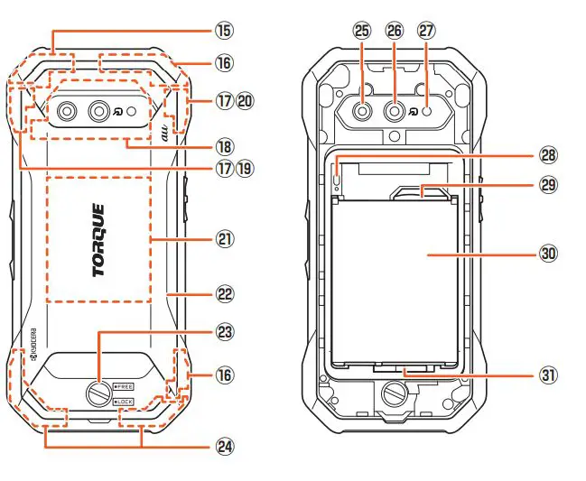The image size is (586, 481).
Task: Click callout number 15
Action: pyautogui.click(x=224, y=30)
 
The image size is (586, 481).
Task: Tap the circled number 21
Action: pyautogui.click(x=224, y=239)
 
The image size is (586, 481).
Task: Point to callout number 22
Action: pyautogui.click(x=224, y=294)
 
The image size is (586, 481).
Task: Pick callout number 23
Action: pyautogui.click(x=224, y=332)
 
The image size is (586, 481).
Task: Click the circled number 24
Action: pyautogui.click(x=224, y=446)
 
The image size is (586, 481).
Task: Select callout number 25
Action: pyautogui.click(x=363, y=31)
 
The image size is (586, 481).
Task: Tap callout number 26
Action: pyautogui.click(x=395, y=31)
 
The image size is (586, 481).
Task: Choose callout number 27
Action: pyautogui.click(x=426, y=31)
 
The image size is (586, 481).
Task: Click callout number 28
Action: pyautogui.click(x=548, y=154)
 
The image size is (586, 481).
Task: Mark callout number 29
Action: pyautogui.click(x=548, y=184)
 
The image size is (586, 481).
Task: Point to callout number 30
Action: pyautogui.click(x=548, y=254)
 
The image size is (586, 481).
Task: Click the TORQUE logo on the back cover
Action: pyautogui.click(x=98, y=240)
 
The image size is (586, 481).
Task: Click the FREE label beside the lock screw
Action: pyautogui.click(x=123, y=385)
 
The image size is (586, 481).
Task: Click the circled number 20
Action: pyautogui.click(x=244, y=101)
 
